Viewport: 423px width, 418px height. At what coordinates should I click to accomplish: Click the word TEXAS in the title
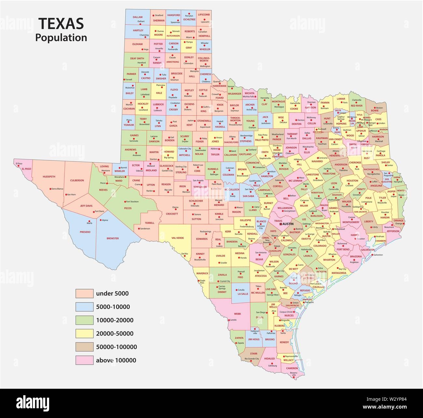click(x=61, y=24)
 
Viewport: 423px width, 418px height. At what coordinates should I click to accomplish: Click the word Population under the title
click(x=61, y=38)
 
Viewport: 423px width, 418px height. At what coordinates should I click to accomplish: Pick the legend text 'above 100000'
click(x=116, y=360)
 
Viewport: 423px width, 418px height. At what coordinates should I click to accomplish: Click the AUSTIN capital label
click(x=288, y=224)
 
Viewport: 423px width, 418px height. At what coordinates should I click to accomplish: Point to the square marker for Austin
click(x=280, y=224)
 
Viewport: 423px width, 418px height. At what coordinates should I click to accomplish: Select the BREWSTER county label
click(x=113, y=238)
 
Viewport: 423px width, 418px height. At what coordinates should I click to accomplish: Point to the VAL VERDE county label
click(x=178, y=238)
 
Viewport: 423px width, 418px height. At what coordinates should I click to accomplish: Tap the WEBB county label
click(x=237, y=314)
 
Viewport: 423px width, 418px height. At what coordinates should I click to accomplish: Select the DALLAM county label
click(x=138, y=17)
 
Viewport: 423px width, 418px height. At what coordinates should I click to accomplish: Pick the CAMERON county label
click(x=292, y=368)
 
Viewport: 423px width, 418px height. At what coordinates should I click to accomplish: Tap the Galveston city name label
click(x=378, y=255)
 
